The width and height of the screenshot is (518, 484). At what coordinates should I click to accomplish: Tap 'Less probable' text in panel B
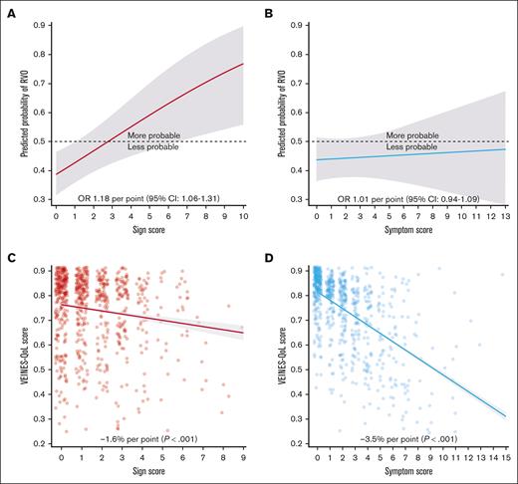414,148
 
